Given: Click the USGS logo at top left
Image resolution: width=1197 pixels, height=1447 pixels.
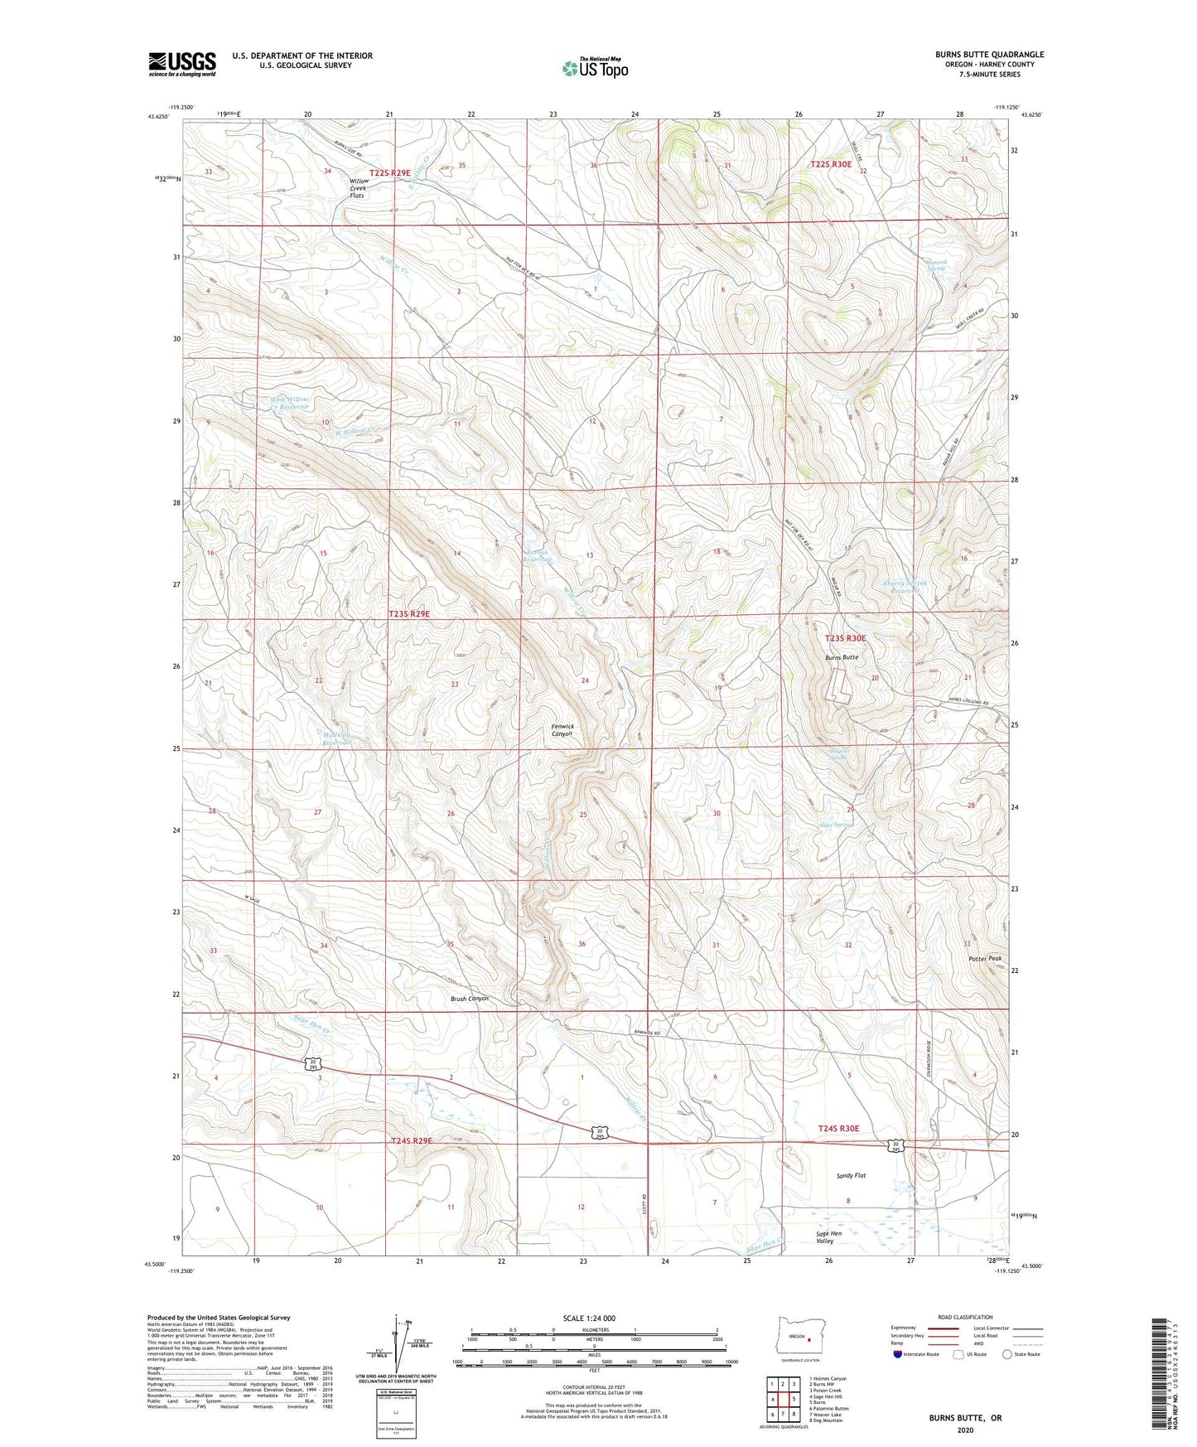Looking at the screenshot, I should [182, 64].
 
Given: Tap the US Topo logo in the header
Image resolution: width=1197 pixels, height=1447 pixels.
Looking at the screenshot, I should [594, 68].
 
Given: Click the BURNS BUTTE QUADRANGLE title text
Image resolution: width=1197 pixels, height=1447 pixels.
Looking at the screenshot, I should [989, 55].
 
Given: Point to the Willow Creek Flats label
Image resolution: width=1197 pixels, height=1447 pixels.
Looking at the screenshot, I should [359, 188].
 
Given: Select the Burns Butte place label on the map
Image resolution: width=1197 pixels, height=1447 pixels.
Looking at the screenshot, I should [841, 657].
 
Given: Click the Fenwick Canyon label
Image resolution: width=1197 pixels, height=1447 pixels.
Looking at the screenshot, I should [562, 731].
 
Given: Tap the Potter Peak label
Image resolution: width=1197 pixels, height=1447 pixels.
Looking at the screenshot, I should [985, 959].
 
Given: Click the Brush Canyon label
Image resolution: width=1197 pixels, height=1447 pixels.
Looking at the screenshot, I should [469, 999].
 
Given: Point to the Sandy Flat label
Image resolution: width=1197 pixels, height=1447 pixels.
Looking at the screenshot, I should [851, 1176].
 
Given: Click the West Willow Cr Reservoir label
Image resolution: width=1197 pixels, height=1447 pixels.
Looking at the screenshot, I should [290, 404].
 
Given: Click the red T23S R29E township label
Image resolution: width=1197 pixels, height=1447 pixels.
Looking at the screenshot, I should [409, 614].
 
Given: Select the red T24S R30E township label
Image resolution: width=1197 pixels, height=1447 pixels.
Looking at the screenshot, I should [838, 1129].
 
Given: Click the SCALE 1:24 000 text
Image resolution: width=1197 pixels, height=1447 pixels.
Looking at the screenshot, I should [588, 1319].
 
